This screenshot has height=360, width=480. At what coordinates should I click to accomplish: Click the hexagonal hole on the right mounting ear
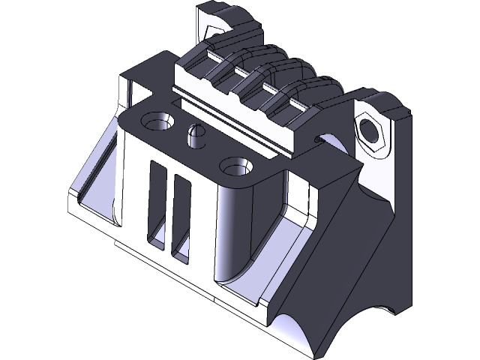tap(370, 129)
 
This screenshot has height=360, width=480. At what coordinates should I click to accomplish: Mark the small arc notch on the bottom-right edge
tap(390, 309)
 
